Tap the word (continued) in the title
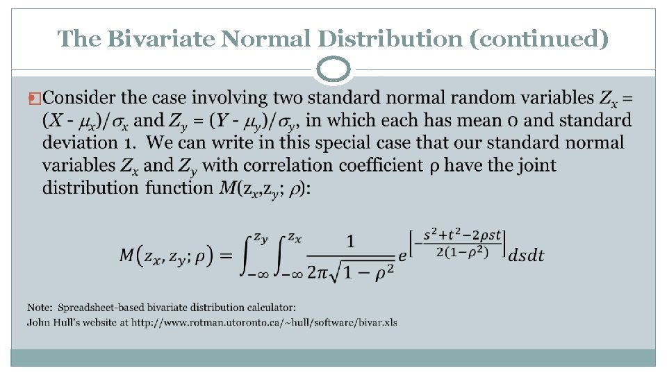539,38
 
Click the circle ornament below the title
334,70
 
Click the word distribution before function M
90,187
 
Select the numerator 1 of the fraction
350,241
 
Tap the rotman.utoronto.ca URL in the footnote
265,322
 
